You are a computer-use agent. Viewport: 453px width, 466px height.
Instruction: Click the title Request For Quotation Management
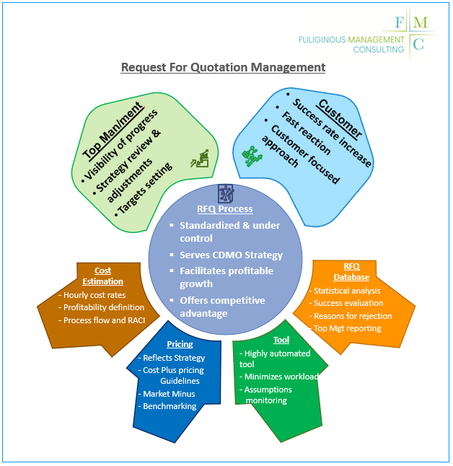(223, 68)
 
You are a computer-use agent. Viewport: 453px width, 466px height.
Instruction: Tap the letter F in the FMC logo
(400, 22)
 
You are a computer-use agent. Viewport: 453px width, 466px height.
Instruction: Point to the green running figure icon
(252, 155)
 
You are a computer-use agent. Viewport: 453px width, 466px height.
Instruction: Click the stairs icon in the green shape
(199, 159)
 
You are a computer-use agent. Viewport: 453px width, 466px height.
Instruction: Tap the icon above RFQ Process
(225, 193)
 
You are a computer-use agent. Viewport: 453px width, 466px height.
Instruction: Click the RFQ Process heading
(225, 209)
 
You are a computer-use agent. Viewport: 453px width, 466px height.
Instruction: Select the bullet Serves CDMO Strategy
(231, 255)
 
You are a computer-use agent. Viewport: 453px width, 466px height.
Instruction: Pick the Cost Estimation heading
(103, 276)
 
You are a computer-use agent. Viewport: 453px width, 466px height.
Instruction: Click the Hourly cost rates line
(94, 295)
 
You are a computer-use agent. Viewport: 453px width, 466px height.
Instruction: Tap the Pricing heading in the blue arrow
(180, 344)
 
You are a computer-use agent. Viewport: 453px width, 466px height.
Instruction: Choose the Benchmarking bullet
(170, 406)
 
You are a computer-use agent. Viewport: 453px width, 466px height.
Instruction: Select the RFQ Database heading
(351, 272)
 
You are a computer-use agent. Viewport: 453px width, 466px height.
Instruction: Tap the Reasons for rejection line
(351, 316)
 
